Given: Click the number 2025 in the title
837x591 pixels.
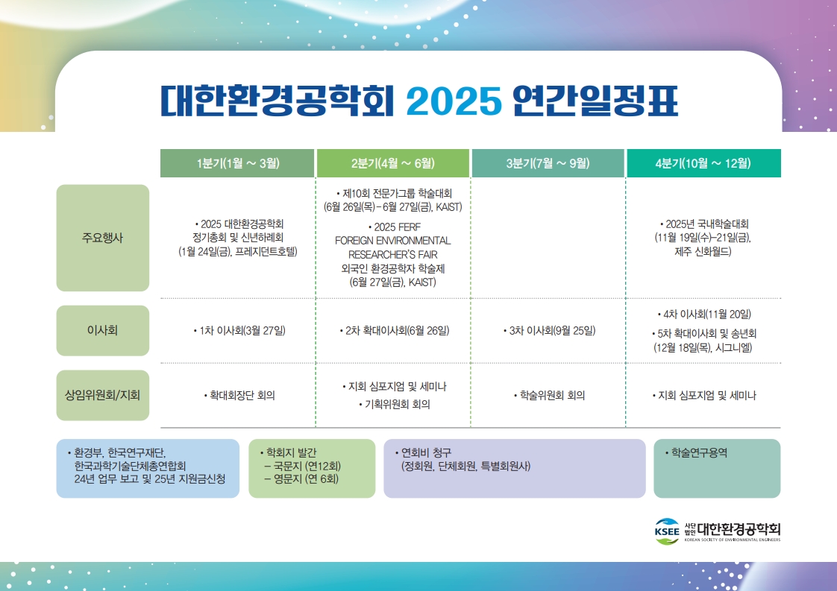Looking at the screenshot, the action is click(x=454, y=101).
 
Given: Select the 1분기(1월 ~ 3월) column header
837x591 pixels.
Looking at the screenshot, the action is click(x=237, y=163).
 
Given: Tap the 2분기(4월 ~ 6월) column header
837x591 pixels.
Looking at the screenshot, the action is click(x=393, y=163).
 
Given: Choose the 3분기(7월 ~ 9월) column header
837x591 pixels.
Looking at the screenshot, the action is click(x=548, y=163).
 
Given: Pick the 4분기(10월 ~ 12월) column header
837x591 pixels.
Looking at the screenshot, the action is click(x=703, y=163).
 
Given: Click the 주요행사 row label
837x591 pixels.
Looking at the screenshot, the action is click(x=102, y=238).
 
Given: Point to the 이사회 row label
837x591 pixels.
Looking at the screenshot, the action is click(x=102, y=331).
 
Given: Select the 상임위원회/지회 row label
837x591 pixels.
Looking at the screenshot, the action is click(x=102, y=395).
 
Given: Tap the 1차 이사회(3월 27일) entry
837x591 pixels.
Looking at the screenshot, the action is click(x=239, y=331).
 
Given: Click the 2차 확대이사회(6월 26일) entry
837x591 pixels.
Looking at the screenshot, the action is click(x=395, y=331).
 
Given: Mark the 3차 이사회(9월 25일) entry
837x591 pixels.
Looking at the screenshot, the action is click(x=549, y=331).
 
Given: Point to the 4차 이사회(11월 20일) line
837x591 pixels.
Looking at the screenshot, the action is click(x=704, y=315).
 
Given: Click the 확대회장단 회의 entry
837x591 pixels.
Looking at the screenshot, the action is click(x=239, y=395).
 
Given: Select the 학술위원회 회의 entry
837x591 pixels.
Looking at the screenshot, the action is click(x=549, y=395).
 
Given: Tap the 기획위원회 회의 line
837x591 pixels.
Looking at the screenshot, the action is click(x=395, y=405).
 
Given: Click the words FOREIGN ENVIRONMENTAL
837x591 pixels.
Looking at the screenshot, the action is click(x=393, y=241).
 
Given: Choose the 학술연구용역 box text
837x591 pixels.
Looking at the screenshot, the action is click(x=696, y=453).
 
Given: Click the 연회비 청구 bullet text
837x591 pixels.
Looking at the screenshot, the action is click(x=423, y=453).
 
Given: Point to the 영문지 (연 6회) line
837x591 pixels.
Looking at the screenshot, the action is click(x=301, y=479).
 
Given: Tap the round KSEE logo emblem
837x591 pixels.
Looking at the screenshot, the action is click(x=667, y=531).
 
